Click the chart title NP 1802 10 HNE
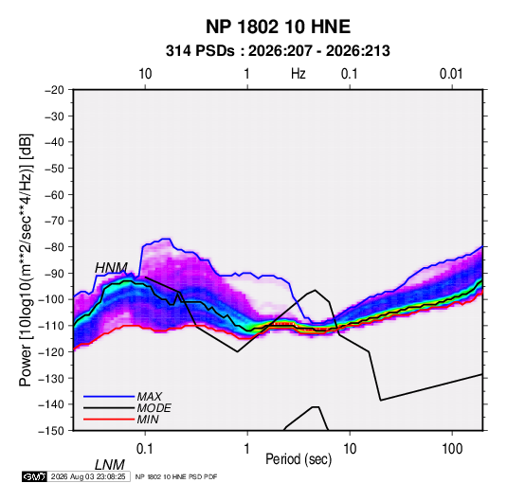pos(278,27)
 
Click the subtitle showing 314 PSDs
pos(278,51)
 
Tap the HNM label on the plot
pos(111,268)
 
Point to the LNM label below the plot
pos(110,465)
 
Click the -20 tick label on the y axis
pos(54,90)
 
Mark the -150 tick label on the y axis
pos(51,431)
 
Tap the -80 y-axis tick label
pos(54,247)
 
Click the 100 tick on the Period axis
pos(452,449)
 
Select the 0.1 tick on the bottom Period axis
pos(145,449)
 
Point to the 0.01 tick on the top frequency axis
pos(451,74)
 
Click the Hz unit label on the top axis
pos(299,74)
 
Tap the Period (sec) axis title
pos(299,459)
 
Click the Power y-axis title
pos(26,259)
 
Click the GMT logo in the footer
pos(35,476)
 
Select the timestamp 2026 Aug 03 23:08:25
pos(88,476)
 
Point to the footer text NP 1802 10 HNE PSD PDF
pos(176,476)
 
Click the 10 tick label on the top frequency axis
pos(145,74)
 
